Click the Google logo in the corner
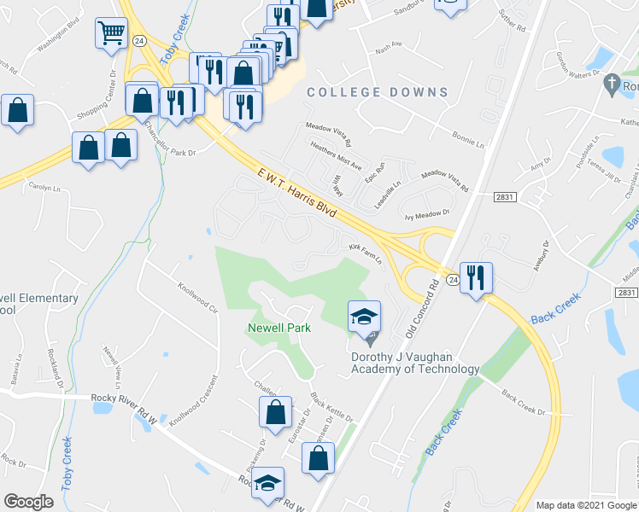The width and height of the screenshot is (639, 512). [x=28, y=502]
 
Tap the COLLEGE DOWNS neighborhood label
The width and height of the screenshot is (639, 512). [x=377, y=92]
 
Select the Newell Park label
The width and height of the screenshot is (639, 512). [x=278, y=327]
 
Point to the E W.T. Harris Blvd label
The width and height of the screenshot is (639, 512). [x=298, y=197]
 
